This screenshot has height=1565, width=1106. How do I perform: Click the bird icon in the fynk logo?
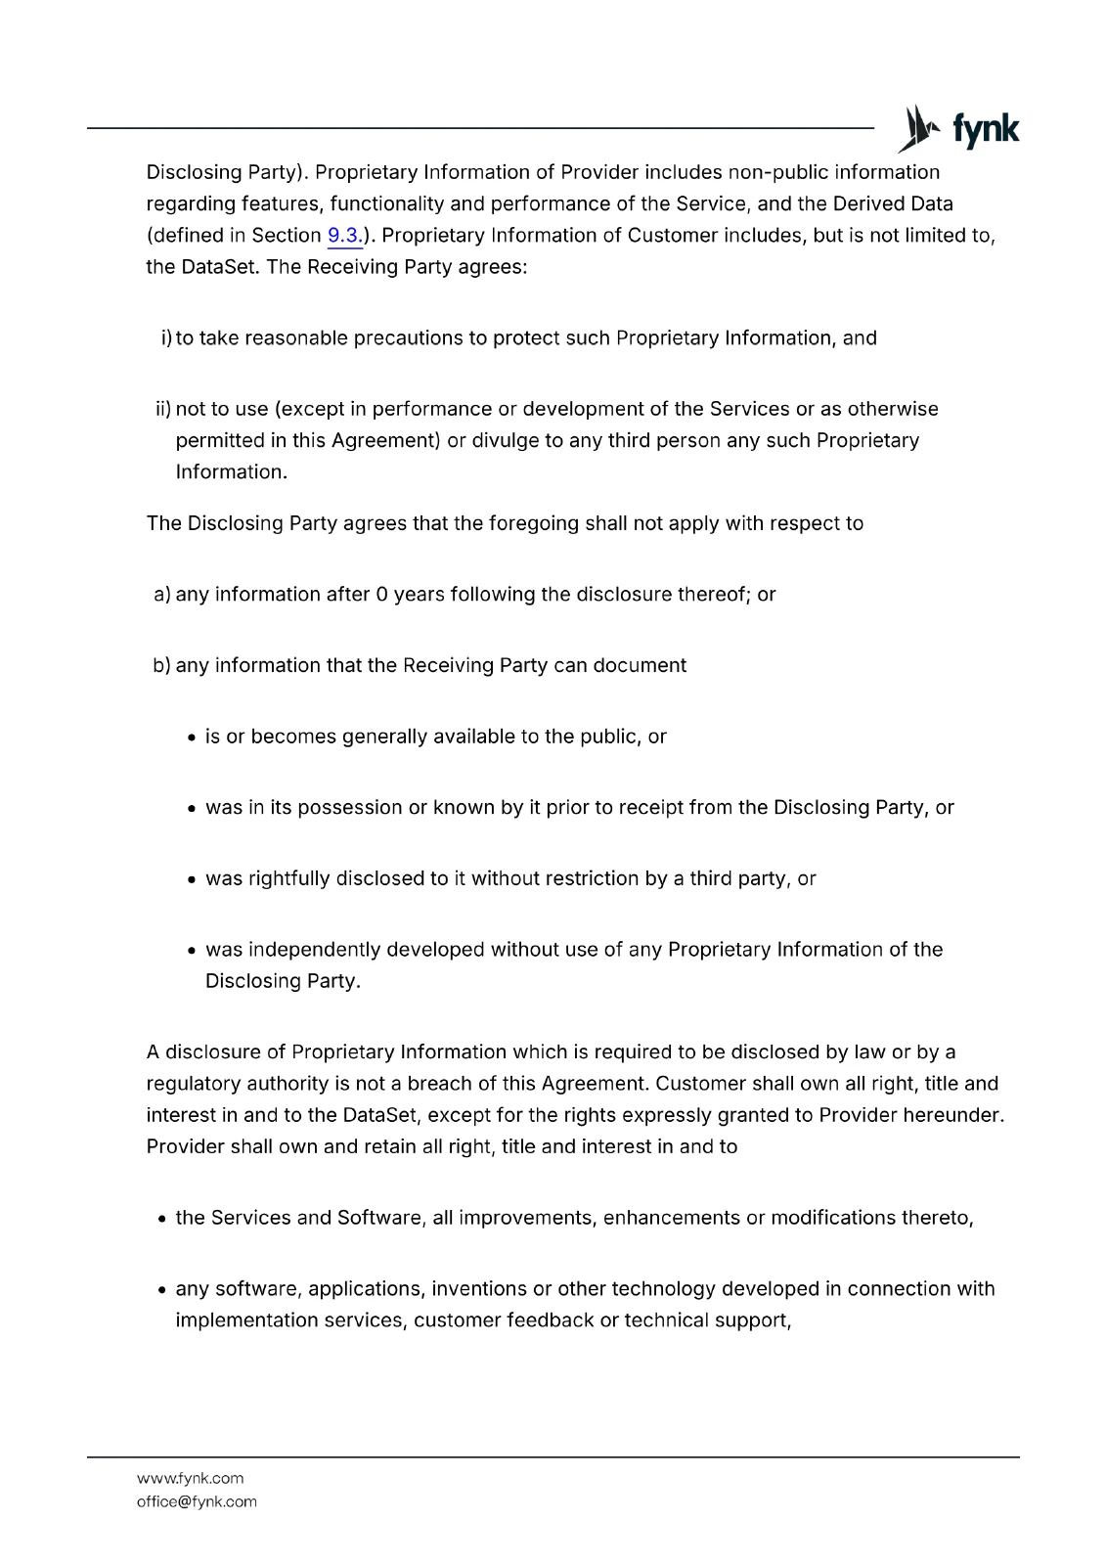pyautogui.click(x=918, y=129)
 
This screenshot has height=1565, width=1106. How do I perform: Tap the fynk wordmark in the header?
pyautogui.click(x=986, y=129)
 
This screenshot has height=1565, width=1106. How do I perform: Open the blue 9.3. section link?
pyautogui.click(x=344, y=236)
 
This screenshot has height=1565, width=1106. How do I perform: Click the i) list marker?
pyautogui.click(x=165, y=338)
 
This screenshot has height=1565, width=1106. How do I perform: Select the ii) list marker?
pyautogui.click(x=162, y=409)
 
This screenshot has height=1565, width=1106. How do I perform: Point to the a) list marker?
pyautogui.click(x=162, y=595)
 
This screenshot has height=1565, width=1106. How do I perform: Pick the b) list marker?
pyautogui.click(x=162, y=666)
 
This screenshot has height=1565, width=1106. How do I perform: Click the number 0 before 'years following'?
pyautogui.click(x=381, y=595)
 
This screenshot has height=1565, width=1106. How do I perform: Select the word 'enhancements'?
pyautogui.click(x=671, y=1218)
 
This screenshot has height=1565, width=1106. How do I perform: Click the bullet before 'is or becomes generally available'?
pyautogui.click(x=192, y=738)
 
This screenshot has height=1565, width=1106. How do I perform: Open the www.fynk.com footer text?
pyautogui.click(x=190, y=1479)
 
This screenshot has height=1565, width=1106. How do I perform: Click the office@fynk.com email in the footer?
pyautogui.click(x=197, y=1502)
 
